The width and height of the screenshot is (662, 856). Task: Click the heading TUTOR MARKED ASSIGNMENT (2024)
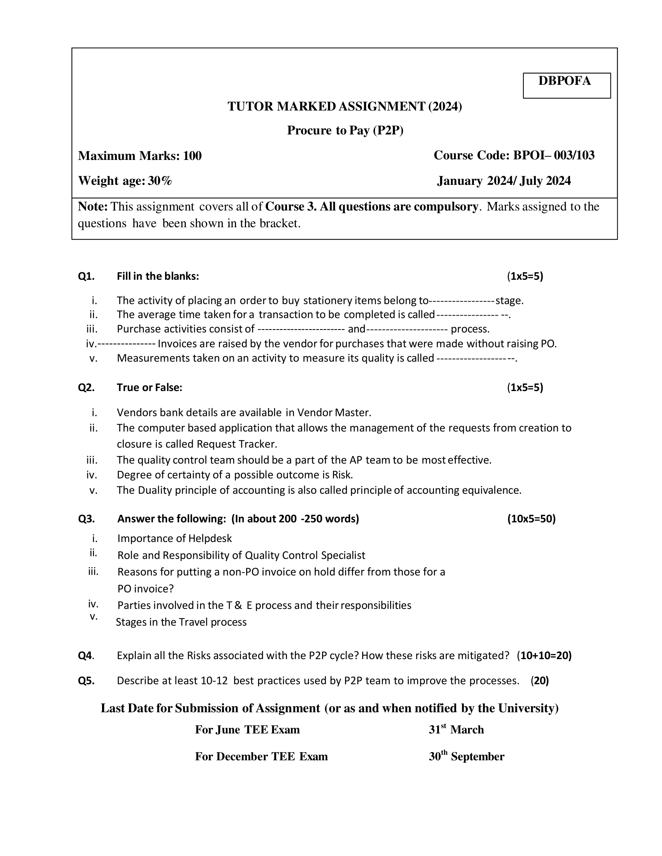click(344, 106)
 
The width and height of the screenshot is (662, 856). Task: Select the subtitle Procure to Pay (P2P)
click(345, 130)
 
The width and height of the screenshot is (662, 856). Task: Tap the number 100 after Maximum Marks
click(192, 156)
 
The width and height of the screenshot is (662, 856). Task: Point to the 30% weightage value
click(160, 181)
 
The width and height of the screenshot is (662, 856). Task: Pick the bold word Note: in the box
click(93, 207)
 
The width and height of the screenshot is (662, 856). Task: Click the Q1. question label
click(86, 276)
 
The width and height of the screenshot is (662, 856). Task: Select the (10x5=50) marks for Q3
click(531, 519)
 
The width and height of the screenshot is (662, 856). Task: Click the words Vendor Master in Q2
click(333, 412)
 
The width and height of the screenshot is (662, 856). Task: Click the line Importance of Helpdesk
click(174, 538)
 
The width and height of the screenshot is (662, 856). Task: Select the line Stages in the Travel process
click(181, 622)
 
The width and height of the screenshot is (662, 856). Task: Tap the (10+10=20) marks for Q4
click(544, 655)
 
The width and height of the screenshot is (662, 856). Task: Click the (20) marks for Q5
click(540, 681)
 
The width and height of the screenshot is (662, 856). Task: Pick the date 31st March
click(456, 730)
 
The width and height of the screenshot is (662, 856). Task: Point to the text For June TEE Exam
click(247, 730)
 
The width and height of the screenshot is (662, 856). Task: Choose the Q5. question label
click(86, 681)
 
